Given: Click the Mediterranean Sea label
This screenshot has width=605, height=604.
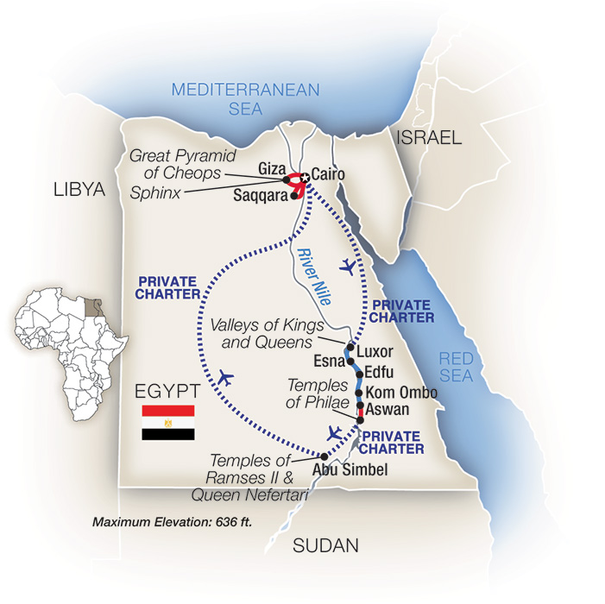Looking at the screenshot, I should tap(245, 98).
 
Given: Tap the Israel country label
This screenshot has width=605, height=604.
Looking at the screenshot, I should tap(429, 137).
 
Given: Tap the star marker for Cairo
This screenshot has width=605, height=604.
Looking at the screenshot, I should tap(304, 177).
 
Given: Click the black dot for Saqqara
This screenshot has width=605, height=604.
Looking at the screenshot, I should tap(295, 196).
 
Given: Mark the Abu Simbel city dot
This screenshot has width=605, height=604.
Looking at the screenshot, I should tap(324, 456).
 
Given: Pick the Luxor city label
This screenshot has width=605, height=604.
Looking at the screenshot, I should tap(375, 352).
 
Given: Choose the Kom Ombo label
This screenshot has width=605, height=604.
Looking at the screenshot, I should tap(402, 393).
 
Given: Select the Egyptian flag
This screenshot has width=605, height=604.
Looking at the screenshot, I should tap(167, 423).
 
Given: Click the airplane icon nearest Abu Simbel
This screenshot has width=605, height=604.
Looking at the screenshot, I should tap(335, 432).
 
